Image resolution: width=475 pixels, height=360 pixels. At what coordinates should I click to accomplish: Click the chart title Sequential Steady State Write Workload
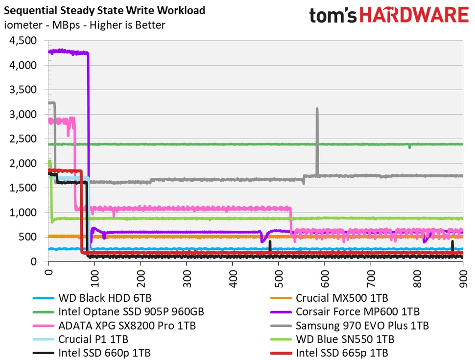tap(105, 10)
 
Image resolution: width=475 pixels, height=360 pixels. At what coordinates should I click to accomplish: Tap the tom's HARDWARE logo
tap(389, 15)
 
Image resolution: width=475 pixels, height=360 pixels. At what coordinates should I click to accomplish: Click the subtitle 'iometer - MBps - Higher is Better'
tap(85, 25)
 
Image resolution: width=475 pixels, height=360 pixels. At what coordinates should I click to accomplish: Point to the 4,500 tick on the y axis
tap(23, 41)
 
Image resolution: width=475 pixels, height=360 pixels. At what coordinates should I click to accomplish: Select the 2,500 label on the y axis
tap(23, 139)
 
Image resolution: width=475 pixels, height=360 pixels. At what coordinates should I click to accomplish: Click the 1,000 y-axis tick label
tap(23, 213)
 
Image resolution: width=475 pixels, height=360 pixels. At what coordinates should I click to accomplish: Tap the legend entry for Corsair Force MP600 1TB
tap(357, 311)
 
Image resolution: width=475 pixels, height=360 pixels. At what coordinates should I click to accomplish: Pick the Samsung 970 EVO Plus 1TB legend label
tap(362, 325)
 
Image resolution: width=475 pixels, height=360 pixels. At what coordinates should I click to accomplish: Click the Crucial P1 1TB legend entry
tap(86, 338)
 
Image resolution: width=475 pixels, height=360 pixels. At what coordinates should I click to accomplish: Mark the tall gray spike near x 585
tap(317, 127)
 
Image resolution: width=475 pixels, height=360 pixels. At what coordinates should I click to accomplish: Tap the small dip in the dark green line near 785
tap(409, 146)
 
